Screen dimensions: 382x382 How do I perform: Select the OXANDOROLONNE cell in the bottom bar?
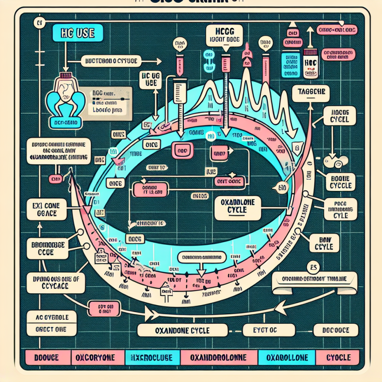point(218,357)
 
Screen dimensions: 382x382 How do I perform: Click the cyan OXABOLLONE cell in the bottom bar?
point(286,357)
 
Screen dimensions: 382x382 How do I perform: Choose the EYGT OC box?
point(265,330)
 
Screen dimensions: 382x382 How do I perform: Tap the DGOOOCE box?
point(336,330)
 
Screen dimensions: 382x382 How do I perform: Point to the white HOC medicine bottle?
point(310,62)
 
